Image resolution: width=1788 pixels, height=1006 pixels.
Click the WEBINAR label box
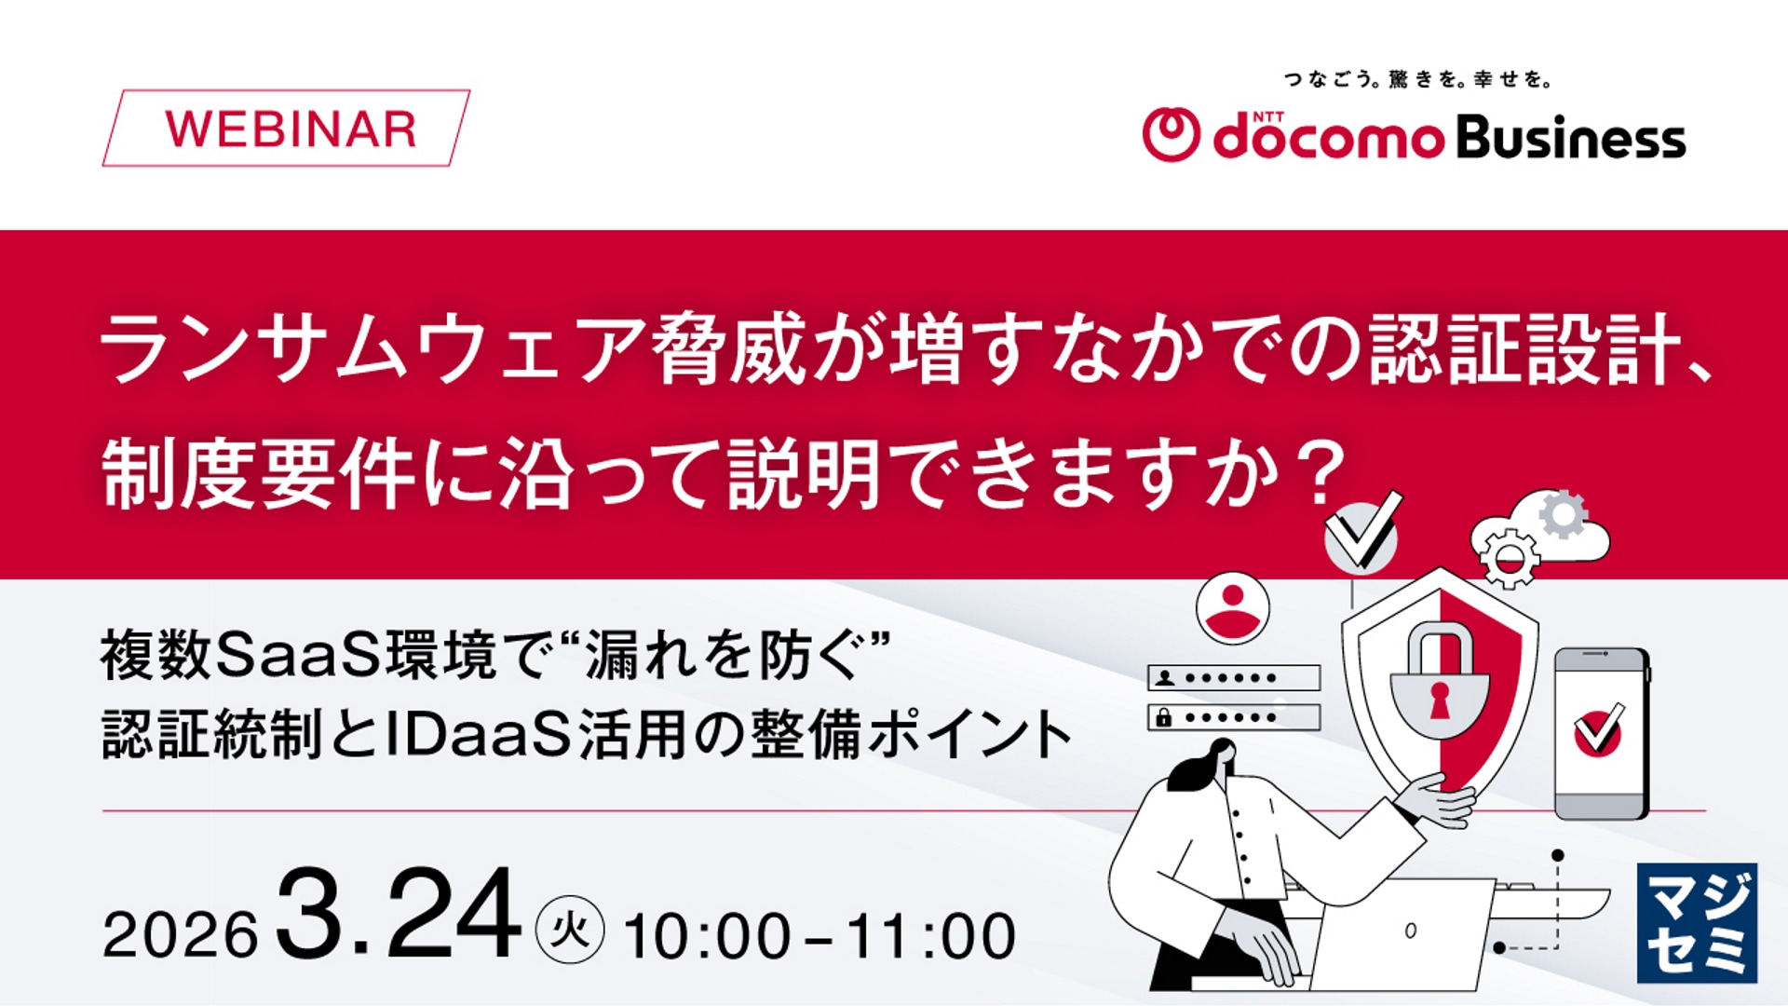click(287, 129)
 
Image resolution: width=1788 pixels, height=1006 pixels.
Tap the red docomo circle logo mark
click(1171, 135)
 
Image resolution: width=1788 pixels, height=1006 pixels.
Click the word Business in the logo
click(1570, 139)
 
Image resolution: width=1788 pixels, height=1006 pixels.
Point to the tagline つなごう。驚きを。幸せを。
click(1417, 80)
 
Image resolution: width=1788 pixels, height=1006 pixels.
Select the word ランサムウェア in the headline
click(372, 349)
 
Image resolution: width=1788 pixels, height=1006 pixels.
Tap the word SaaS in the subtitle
click(298, 655)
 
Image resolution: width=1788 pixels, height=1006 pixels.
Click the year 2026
click(180, 934)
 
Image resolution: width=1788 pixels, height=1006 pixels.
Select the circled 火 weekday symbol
click(570, 930)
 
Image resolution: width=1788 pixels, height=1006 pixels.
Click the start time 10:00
click(708, 936)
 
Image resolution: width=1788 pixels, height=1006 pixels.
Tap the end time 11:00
click(931, 936)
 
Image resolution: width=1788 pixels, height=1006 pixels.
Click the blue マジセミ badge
click(1697, 923)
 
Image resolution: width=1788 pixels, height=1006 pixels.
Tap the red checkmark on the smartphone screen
click(1599, 730)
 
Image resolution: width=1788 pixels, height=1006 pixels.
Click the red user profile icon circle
click(1232, 608)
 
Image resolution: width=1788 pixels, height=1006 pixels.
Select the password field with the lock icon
click(1234, 717)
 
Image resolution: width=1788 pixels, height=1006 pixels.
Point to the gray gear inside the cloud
click(1562, 514)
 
